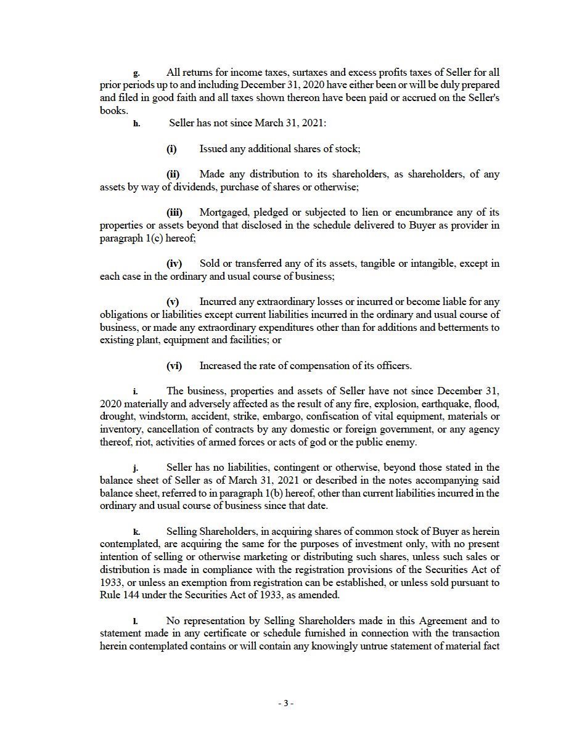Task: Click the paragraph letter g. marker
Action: pyautogui.click(x=136, y=73)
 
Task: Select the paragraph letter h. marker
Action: pyautogui.click(x=136, y=124)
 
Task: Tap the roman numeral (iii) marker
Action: pyautogui.click(x=174, y=213)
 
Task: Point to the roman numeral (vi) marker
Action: pyautogui.click(x=174, y=366)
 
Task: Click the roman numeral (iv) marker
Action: pyautogui.click(x=174, y=264)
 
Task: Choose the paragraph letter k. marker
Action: pyautogui.click(x=136, y=532)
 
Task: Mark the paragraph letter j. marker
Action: pyautogui.click(x=136, y=468)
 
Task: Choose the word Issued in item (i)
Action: pyautogui.click(x=213, y=149)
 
